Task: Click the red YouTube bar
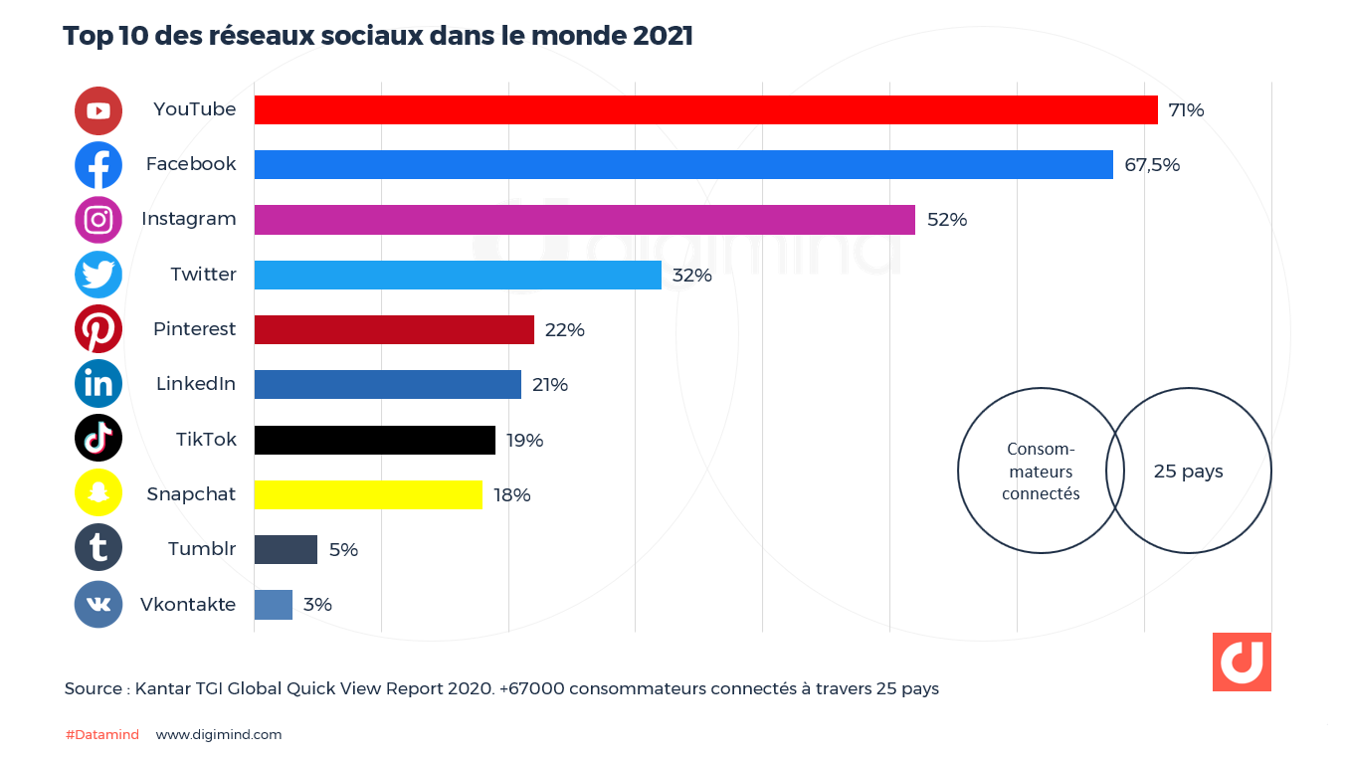(x=705, y=109)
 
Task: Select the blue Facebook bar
(x=683, y=164)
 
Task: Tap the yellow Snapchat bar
(x=368, y=494)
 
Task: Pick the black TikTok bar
(x=374, y=440)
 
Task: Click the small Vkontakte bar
(x=274, y=605)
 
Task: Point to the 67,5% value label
(x=1152, y=165)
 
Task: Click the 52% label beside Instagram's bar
(x=947, y=220)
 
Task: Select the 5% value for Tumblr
(x=343, y=550)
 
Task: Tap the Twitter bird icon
(x=98, y=275)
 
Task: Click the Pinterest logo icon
(x=98, y=329)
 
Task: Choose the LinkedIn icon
(x=98, y=384)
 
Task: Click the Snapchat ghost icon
(x=98, y=493)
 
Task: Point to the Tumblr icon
(x=98, y=548)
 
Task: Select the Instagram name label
(x=189, y=219)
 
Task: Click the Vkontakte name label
(x=188, y=605)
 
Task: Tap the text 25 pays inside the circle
(x=1188, y=472)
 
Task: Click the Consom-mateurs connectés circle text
(x=1041, y=472)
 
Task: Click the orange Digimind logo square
(x=1242, y=662)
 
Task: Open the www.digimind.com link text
(x=219, y=735)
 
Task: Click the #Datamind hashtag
(x=102, y=735)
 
